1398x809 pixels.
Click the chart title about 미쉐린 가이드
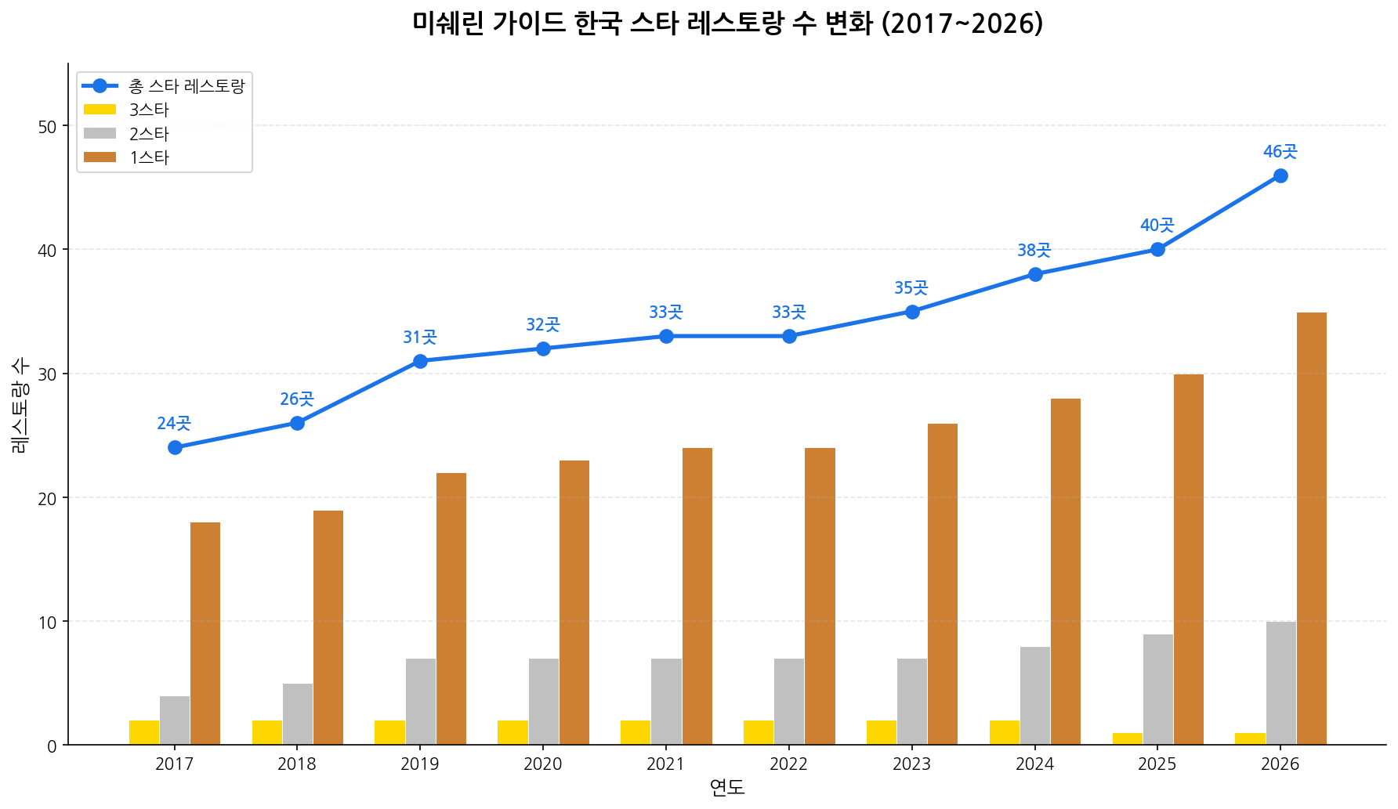click(x=727, y=23)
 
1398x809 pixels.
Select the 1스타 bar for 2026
click(x=1311, y=529)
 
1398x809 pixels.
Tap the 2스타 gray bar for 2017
click(x=175, y=721)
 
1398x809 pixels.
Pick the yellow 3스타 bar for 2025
click(x=1127, y=739)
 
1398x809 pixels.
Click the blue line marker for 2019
click(x=420, y=361)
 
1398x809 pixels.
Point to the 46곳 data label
click(x=1280, y=152)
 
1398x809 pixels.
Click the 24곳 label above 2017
click(x=174, y=424)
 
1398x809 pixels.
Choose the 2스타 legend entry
click(x=149, y=134)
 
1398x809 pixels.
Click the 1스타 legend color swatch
click(x=100, y=157)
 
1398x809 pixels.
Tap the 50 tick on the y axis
click(x=47, y=126)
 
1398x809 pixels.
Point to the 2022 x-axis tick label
click(x=788, y=764)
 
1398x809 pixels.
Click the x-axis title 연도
click(x=726, y=788)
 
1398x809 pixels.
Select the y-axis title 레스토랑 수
click(x=21, y=405)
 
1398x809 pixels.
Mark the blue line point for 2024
click(x=1034, y=274)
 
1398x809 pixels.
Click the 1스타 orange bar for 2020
click(x=574, y=602)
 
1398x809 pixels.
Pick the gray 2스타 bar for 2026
click(x=1280, y=683)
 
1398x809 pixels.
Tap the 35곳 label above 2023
click(x=911, y=288)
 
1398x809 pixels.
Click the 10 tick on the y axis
click(x=47, y=622)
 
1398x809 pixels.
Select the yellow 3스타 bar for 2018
click(x=266, y=732)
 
